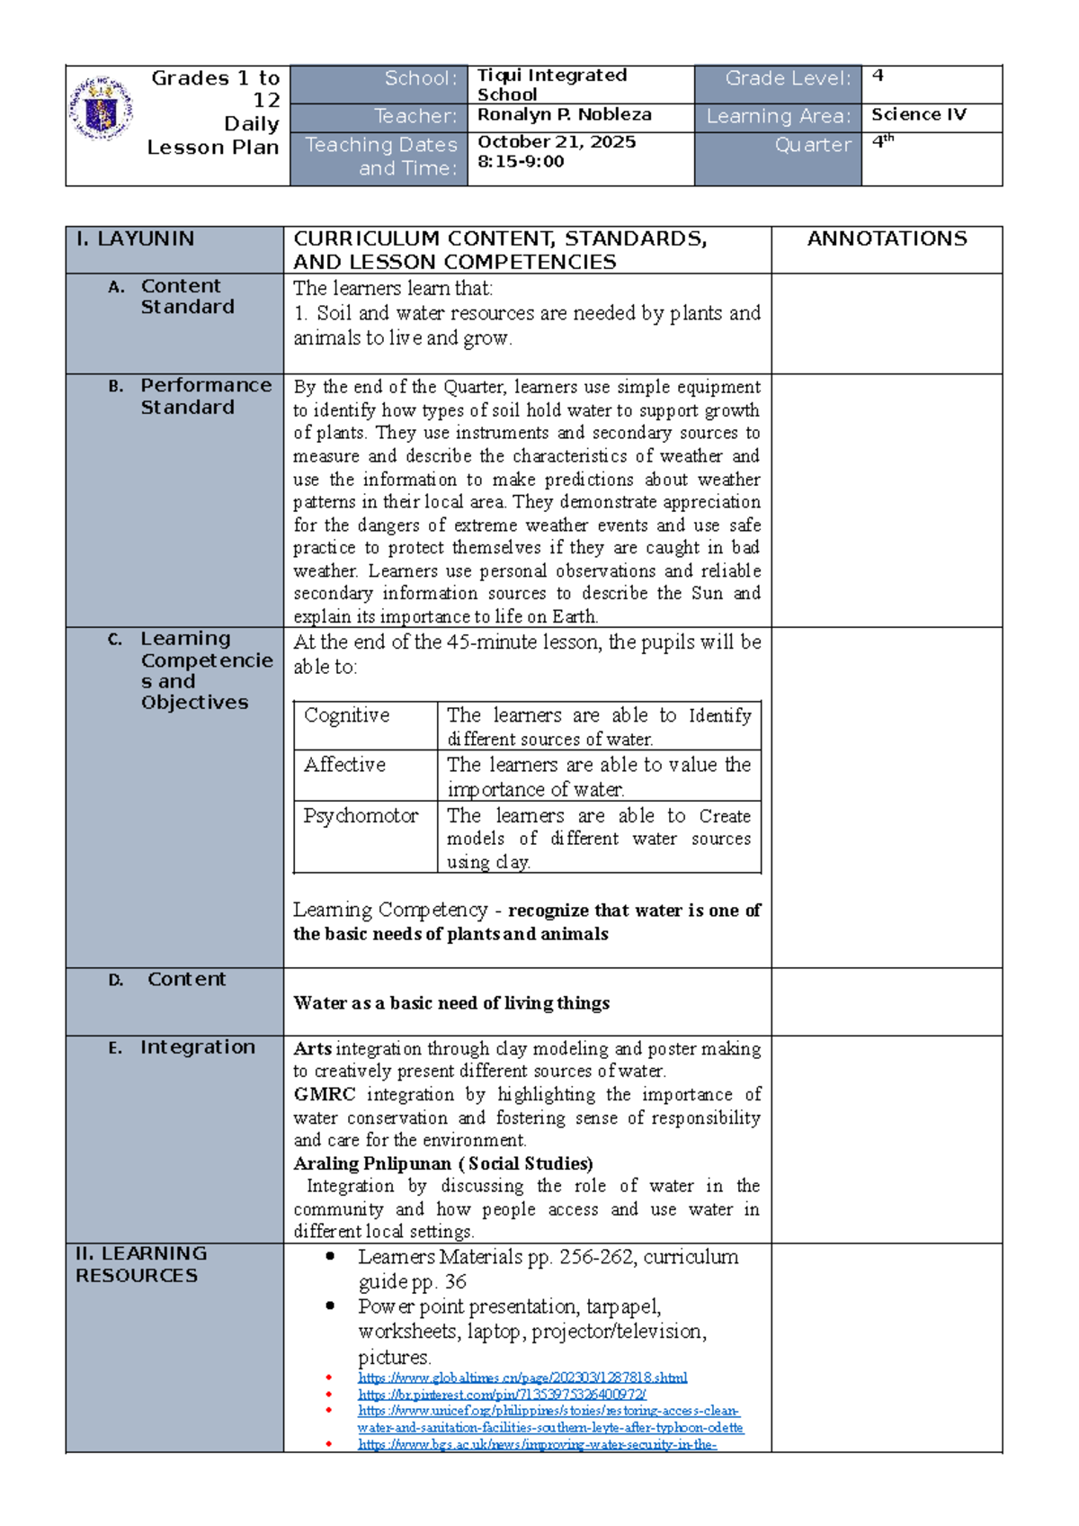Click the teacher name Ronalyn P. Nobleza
tap(564, 115)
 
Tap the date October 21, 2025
tap(556, 142)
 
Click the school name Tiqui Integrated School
tap(551, 85)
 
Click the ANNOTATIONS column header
tap(887, 239)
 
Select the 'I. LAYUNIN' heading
tap(135, 239)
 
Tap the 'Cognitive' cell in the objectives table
tap(346, 715)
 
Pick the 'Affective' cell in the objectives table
tap(344, 765)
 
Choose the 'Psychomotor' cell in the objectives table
tap(361, 816)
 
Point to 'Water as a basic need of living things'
tap(451, 1003)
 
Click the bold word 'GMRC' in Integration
tap(325, 1095)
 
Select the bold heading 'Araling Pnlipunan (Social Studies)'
tap(442, 1163)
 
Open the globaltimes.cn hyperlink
tap(522, 1378)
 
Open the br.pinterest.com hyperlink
tap(502, 1395)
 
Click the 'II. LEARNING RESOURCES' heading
tap(140, 1264)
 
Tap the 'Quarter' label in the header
tap(813, 145)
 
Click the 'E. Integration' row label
tap(196, 1047)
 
